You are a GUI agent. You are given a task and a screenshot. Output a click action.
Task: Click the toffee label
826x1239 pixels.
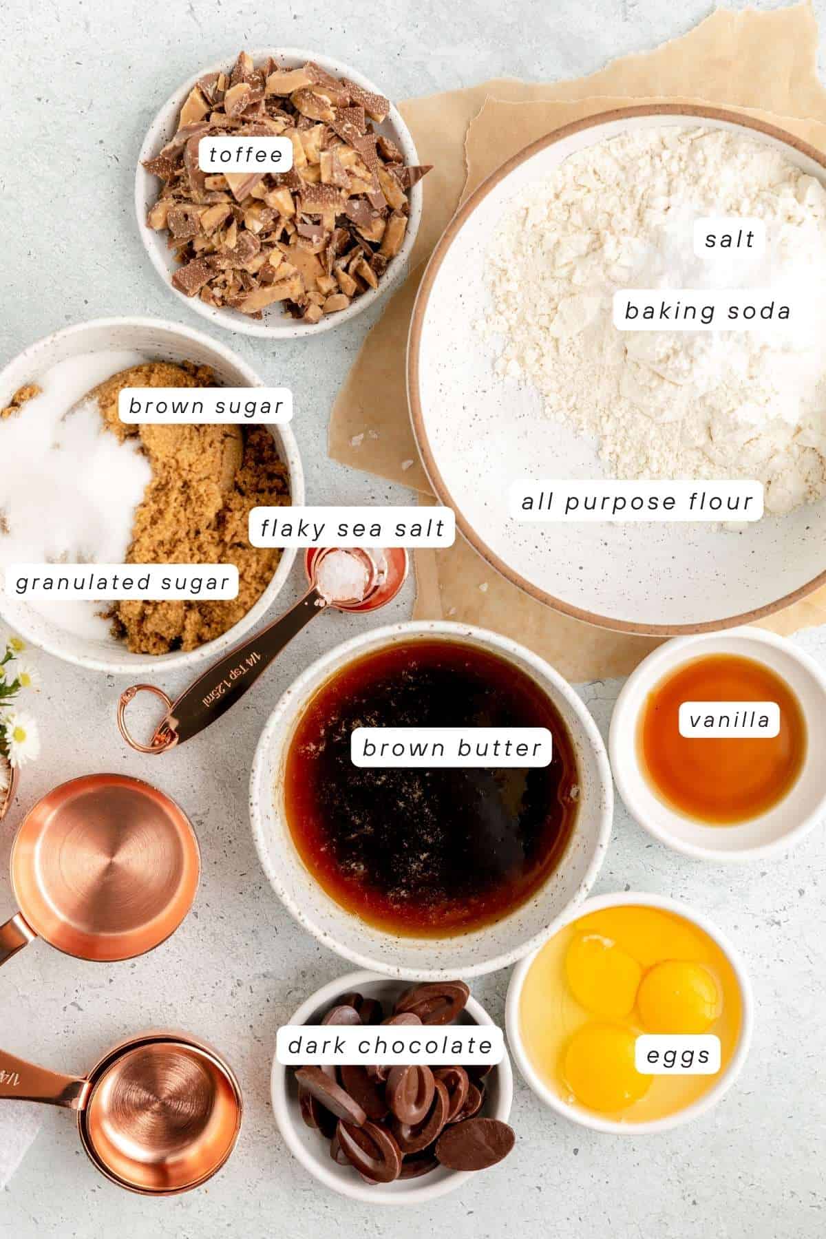coord(246,154)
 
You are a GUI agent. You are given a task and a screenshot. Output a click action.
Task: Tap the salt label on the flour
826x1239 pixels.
coord(730,240)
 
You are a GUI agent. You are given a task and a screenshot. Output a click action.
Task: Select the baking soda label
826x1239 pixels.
coord(707,311)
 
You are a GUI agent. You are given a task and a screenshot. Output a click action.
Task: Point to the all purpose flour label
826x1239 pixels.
coord(637,500)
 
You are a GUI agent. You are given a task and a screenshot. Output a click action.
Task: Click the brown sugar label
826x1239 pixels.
coord(206,406)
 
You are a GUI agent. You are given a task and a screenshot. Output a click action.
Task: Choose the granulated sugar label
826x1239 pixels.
coord(122,582)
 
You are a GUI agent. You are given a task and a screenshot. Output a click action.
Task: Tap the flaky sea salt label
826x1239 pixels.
coord(352,528)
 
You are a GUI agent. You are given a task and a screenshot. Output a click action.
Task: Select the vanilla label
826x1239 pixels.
coord(729,720)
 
